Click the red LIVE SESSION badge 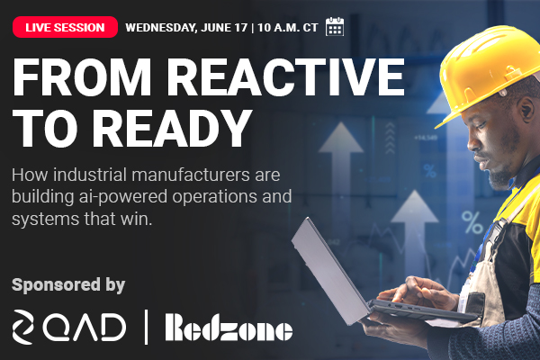(65, 27)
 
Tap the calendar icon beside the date (335, 26)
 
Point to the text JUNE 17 (224, 28)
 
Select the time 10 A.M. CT (288, 28)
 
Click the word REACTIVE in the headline (286, 77)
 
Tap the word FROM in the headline (82, 77)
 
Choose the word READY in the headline (175, 129)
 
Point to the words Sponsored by (68, 285)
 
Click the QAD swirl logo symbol (22, 327)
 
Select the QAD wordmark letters (85, 327)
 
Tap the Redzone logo (229, 327)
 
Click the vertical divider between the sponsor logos (147, 327)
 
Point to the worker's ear (526, 111)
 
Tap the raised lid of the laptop (328, 269)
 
